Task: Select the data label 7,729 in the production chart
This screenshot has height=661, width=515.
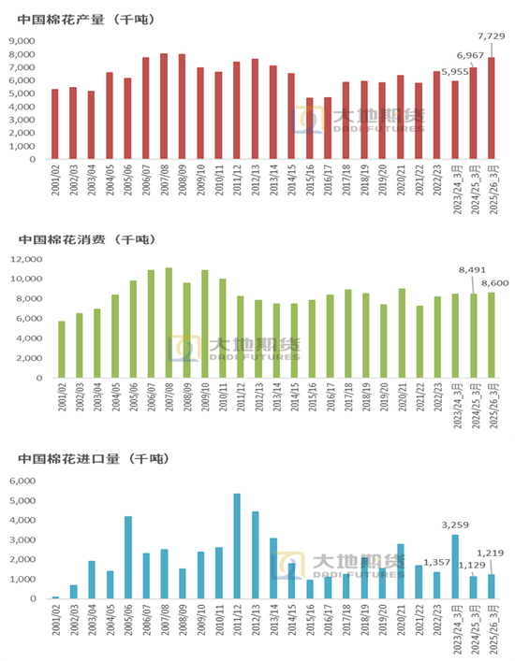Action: click(491, 36)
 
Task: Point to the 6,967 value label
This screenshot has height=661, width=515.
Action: click(472, 56)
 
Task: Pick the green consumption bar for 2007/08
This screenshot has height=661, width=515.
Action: click(168, 323)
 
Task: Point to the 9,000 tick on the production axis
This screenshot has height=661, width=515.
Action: click(22, 41)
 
